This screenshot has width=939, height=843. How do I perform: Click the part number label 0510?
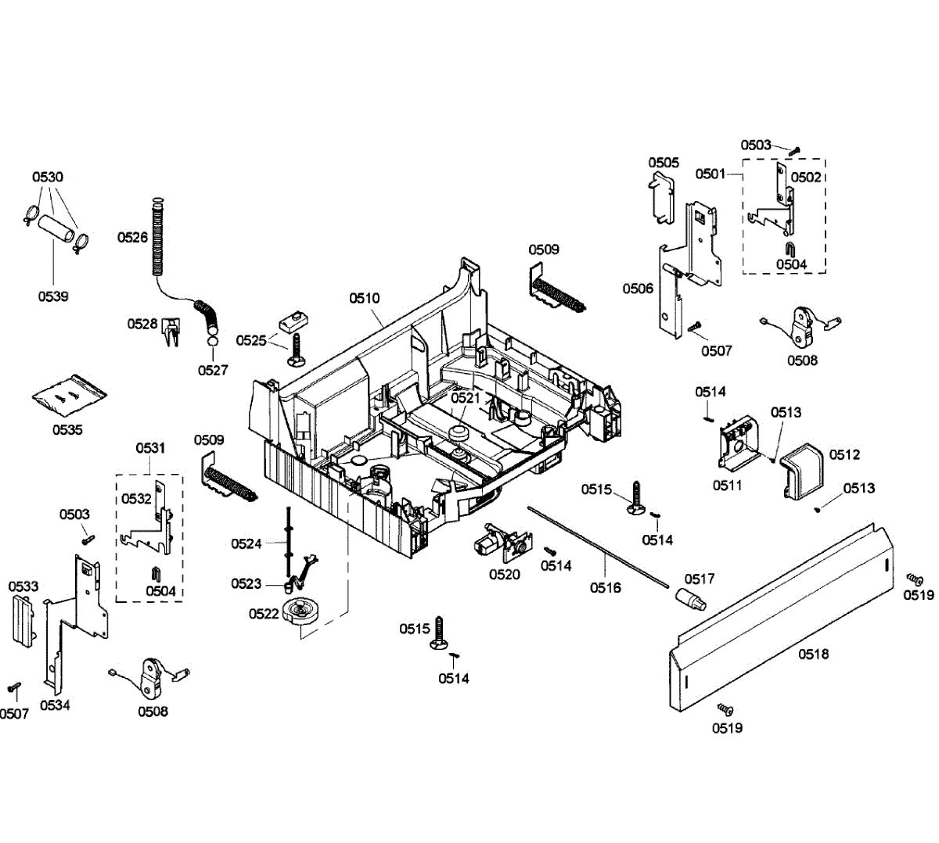click(365, 298)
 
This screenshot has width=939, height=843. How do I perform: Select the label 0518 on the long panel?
click(813, 654)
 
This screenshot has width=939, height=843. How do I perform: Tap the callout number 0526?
click(132, 237)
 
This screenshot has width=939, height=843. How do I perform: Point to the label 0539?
click(53, 296)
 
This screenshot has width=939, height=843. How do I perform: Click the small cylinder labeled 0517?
click(689, 601)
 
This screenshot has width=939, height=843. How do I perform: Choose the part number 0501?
click(711, 174)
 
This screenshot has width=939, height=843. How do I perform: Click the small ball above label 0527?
click(212, 342)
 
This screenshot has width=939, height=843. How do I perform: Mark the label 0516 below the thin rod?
click(605, 587)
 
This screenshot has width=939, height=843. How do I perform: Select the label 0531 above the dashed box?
click(150, 448)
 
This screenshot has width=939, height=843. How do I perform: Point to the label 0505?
click(664, 163)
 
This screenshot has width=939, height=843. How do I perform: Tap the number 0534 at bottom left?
click(55, 705)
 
